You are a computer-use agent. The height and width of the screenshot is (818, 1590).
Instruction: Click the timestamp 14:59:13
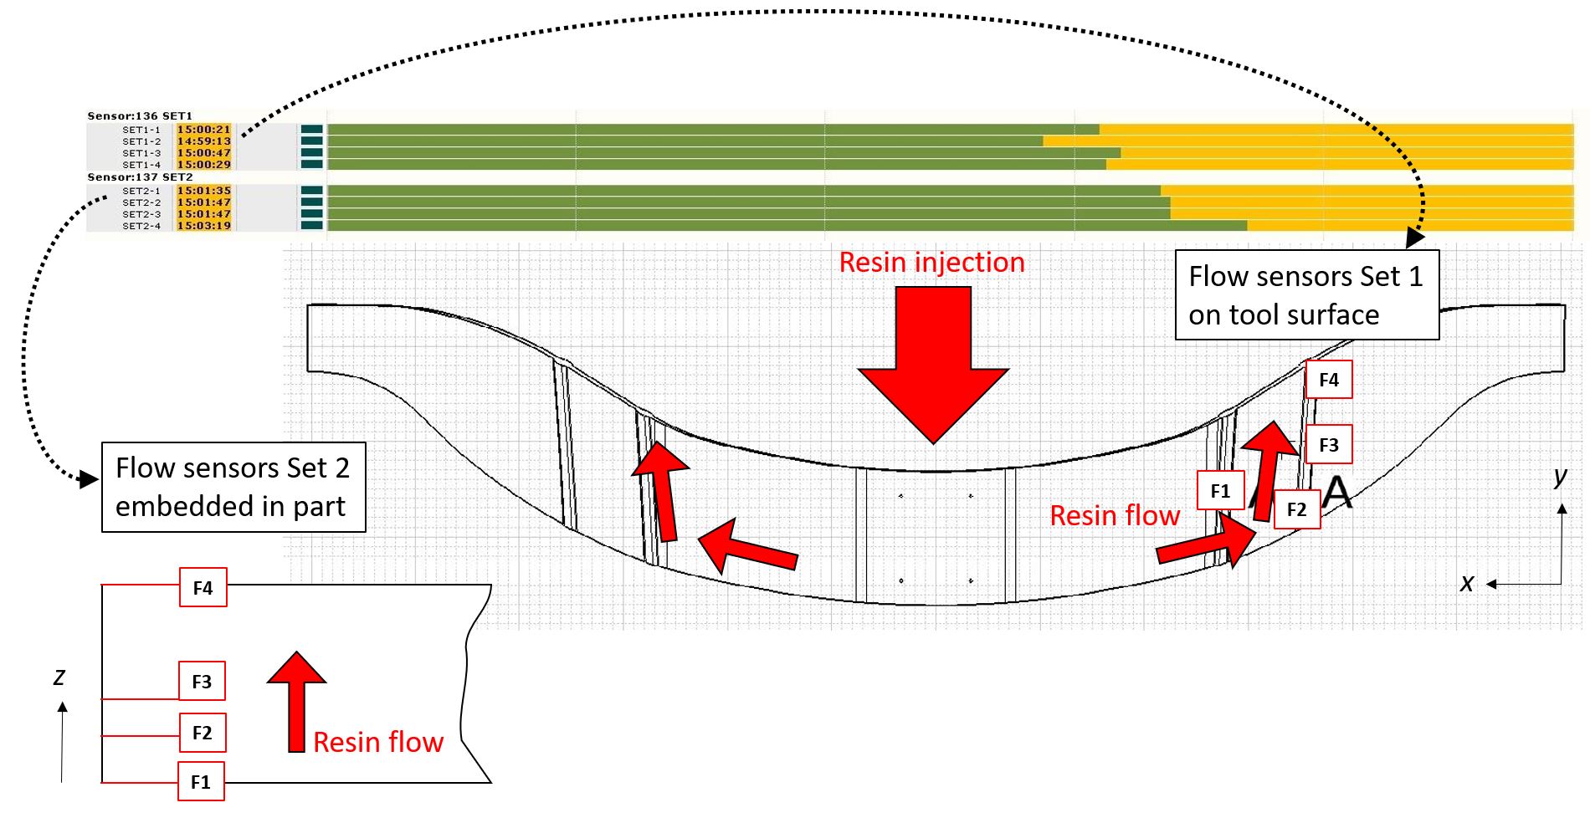[x=203, y=141]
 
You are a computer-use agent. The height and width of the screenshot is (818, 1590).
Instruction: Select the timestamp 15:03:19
[x=203, y=226]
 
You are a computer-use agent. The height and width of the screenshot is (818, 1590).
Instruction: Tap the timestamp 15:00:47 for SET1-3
[x=203, y=153]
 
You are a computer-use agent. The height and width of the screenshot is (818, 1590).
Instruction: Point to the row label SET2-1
[x=141, y=191]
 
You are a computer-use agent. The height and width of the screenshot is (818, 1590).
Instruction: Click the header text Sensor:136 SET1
[x=140, y=116]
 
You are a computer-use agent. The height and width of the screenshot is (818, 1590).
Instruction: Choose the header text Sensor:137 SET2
[x=140, y=177]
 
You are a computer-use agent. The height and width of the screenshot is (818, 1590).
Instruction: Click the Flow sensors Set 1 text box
[x=1306, y=295]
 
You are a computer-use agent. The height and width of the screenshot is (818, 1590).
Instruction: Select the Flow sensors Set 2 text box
[x=233, y=487]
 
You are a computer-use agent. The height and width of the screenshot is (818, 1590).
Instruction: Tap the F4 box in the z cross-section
[x=203, y=588]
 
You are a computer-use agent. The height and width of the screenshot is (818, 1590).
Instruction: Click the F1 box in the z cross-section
[x=201, y=782]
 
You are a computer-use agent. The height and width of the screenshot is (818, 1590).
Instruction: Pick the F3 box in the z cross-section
[x=202, y=682]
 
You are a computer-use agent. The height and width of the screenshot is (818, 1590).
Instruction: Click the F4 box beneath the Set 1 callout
[x=1329, y=380]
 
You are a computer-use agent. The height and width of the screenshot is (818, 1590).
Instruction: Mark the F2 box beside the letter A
[x=1296, y=509]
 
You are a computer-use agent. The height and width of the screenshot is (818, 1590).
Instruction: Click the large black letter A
[x=1336, y=492]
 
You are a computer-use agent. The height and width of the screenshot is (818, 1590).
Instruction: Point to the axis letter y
[x=1561, y=476]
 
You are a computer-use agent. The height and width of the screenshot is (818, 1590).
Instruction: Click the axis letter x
[x=1466, y=584]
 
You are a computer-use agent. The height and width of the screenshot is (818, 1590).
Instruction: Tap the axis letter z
[x=59, y=677]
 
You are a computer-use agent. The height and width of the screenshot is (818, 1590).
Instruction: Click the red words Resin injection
[x=931, y=263]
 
